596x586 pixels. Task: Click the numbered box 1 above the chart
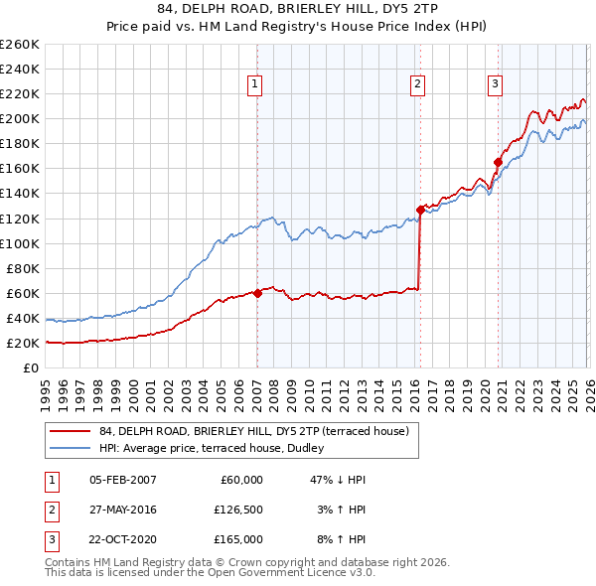point(255,85)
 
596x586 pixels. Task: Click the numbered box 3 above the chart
point(495,85)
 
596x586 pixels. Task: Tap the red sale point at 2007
point(257,293)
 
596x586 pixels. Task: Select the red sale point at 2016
point(420,210)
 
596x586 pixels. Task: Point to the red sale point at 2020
point(498,162)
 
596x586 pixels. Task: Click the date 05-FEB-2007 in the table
point(123,479)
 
